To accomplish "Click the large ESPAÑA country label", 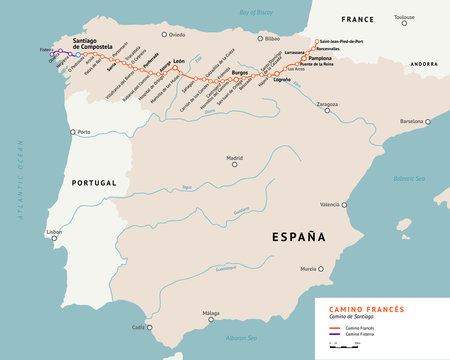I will [x=300, y=236].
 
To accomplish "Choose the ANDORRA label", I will [x=426, y=62].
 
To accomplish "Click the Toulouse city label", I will [x=403, y=18].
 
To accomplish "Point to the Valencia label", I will [x=330, y=204].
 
